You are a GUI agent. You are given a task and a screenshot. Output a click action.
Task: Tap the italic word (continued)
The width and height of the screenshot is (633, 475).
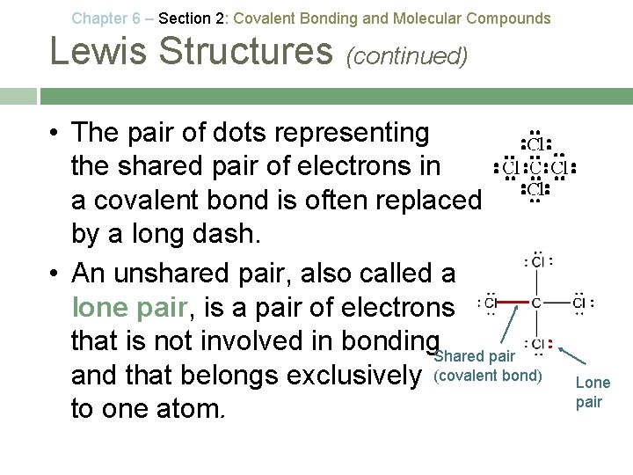pyautogui.click(x=407, y=56)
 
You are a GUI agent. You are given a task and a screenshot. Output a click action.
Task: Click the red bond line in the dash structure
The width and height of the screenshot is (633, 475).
pyautogui.click(x=511, y=303)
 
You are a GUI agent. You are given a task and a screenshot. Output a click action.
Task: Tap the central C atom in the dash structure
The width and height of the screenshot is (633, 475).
pyautogui.click(x=535, y=303)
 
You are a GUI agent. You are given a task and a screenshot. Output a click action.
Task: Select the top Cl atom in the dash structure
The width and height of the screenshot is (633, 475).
pyautogui.click(x=537, y=260)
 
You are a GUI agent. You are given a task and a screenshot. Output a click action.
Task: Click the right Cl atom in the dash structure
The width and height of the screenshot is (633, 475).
pyautogui.click(x=579, y=303)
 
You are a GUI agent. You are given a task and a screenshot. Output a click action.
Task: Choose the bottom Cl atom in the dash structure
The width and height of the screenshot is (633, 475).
pyautogui.click(x=537, y=344)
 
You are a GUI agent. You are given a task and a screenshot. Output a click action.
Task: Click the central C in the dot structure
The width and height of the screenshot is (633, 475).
pyautogui.click(x=534, y=167)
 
